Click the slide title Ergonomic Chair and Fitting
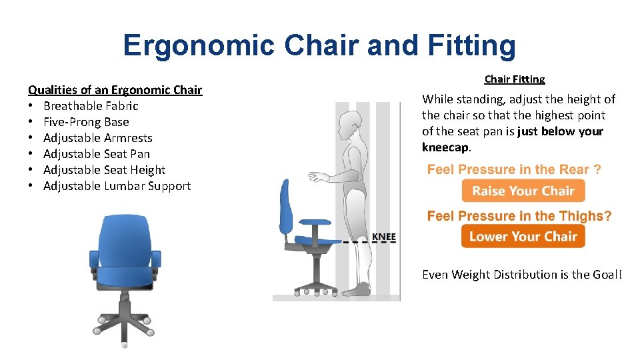point(319,45)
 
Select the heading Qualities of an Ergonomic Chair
point(115,89)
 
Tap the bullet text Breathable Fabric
point(91,105)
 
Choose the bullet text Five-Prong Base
point(86,122)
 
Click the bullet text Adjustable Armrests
point(97,138)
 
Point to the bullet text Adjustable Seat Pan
point(96,154)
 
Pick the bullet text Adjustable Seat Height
point(104,170)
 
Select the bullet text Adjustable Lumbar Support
point(117,186)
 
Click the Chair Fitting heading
point(514,79)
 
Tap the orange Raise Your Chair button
point(523,191)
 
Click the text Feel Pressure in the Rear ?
point(514,169)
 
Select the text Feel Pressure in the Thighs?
point(519,215)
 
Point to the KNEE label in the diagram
point(383,237)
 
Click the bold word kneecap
point(447,147)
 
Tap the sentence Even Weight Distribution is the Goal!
point(521,274)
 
